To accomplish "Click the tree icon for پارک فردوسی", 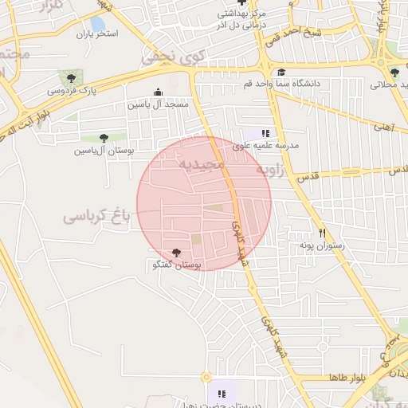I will tap(72, 78).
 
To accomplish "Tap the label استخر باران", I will tap(96, 34).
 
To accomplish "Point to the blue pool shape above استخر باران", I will tap(98, 24).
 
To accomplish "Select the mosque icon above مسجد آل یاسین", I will tap(158, 92).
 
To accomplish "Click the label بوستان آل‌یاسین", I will tap(104, 150).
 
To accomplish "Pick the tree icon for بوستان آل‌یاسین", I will tap(103, 138).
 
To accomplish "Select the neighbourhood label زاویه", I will tap(270, 171).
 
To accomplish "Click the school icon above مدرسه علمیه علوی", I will tap(265, 133).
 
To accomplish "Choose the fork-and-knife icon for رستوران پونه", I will tap(323, 233).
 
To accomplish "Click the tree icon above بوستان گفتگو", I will tap(176, 253).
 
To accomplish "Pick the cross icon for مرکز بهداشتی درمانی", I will tap(241, 3).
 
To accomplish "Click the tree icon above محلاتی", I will tap(394, 73).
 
